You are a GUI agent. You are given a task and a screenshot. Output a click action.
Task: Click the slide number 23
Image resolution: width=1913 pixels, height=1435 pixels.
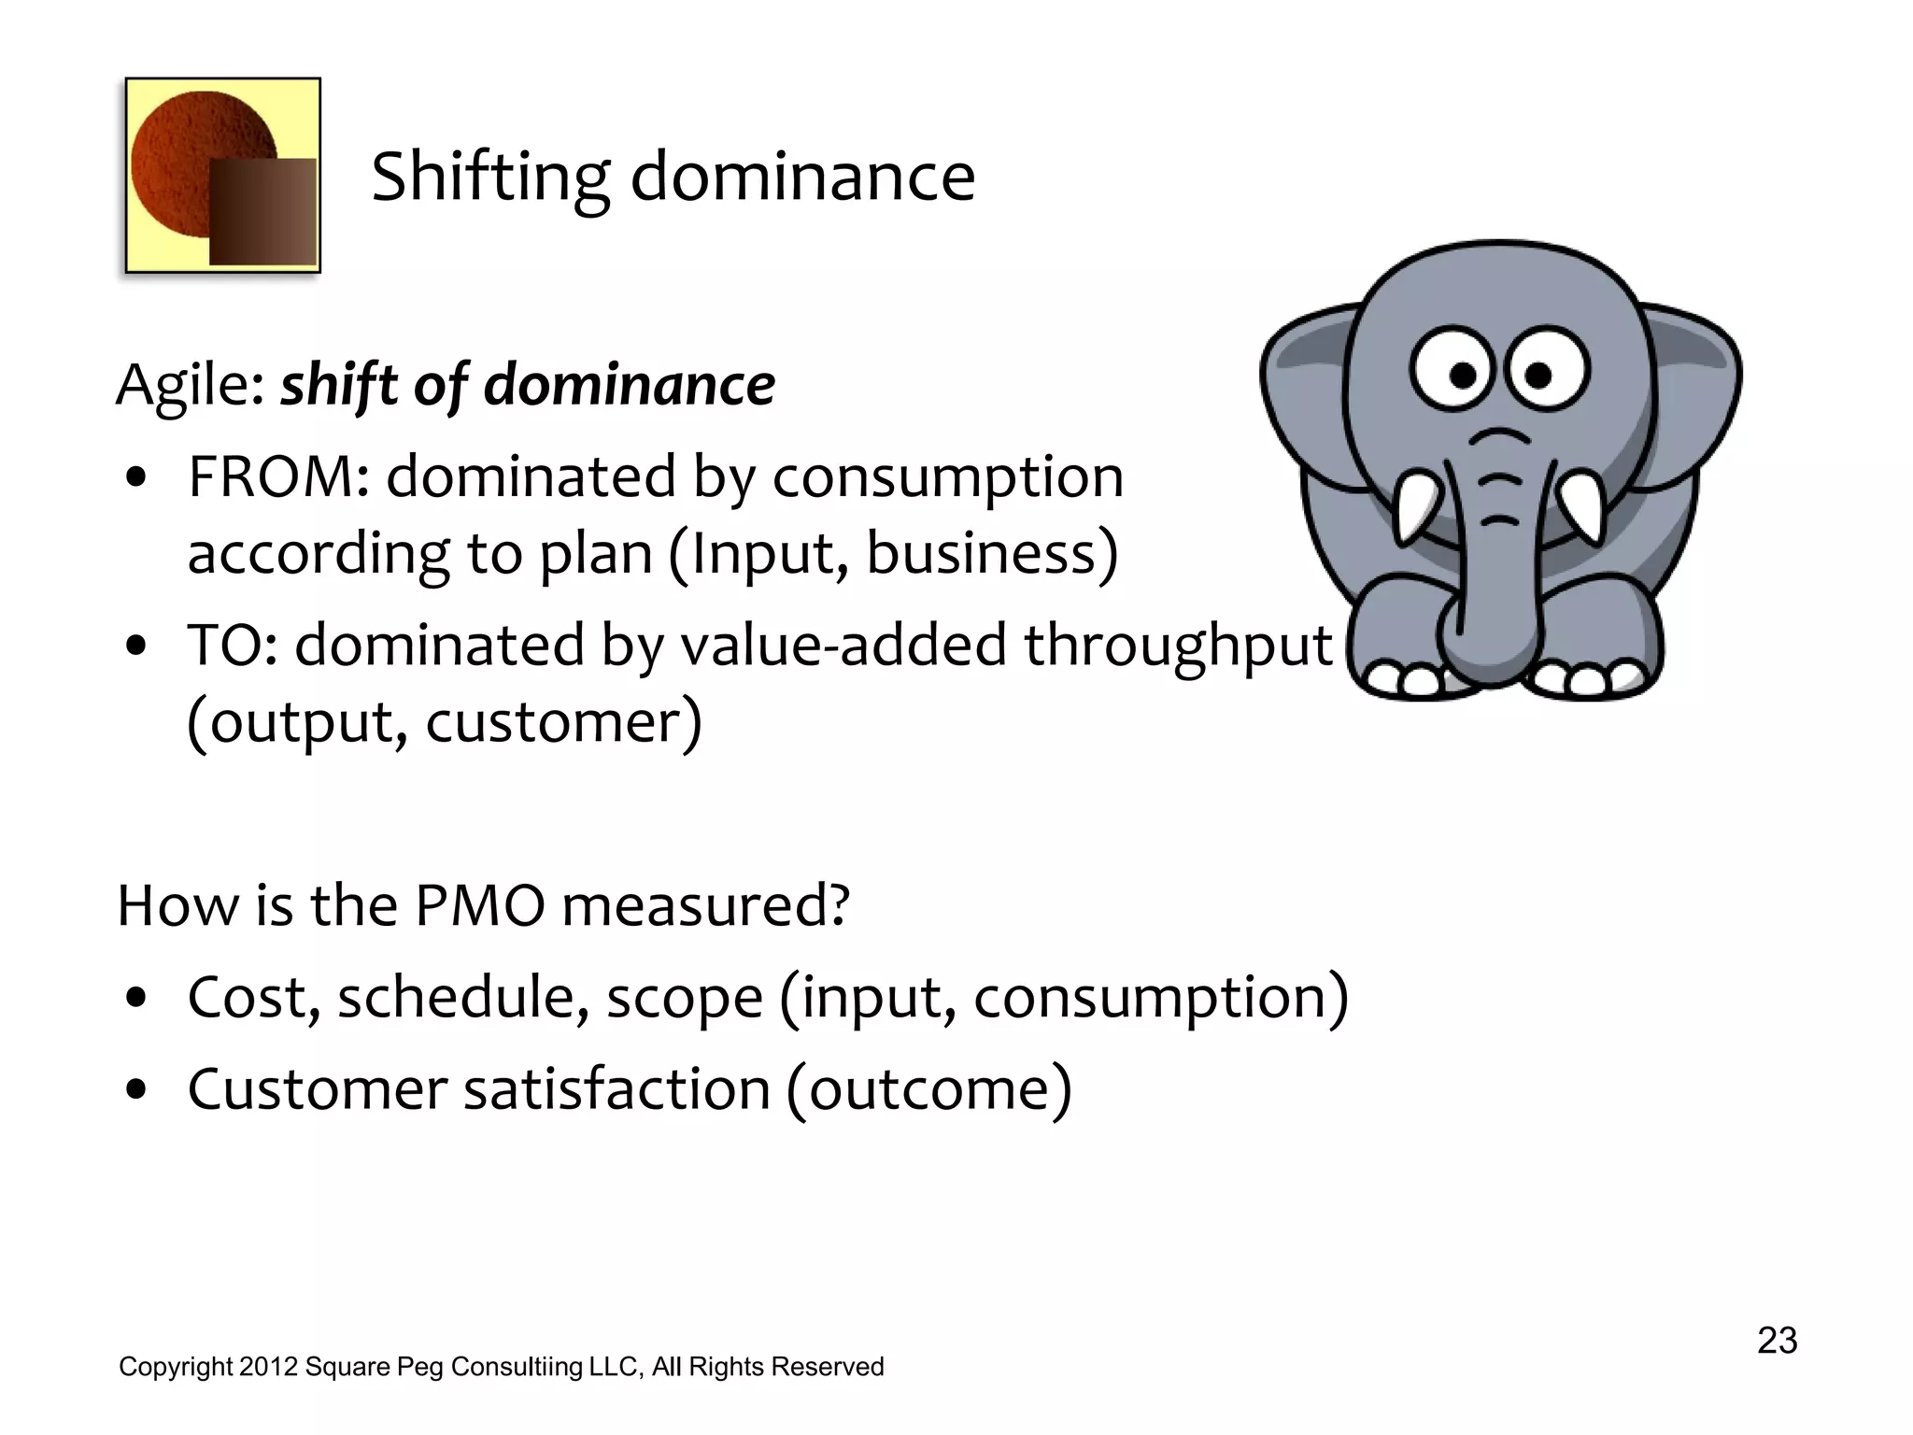pos(1777,1341)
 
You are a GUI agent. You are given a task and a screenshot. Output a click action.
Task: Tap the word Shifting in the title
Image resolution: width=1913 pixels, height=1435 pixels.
pos(489,178)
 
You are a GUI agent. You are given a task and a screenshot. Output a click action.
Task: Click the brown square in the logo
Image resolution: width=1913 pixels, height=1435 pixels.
pos(262,211)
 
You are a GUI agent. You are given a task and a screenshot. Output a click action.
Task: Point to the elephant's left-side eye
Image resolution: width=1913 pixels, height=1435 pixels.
pos(1453,372)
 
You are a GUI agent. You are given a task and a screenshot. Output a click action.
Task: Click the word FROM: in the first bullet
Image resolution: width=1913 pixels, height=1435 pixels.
pos(279,478)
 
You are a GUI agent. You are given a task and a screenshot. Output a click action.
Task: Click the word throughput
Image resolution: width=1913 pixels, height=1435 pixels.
pos(1177,646)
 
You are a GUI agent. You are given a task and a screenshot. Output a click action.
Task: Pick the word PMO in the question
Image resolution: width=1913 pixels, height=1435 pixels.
pos(479,906)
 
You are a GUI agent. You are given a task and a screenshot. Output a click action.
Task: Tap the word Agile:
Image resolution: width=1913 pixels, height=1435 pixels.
pos(191,385)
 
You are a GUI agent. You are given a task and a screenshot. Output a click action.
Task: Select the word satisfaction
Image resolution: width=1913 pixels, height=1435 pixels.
pos(616,1089)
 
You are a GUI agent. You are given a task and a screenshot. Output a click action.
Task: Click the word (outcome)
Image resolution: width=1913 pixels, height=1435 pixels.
pos(928,1089)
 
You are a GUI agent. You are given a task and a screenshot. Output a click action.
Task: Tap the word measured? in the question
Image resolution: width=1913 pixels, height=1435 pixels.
pos(705,906)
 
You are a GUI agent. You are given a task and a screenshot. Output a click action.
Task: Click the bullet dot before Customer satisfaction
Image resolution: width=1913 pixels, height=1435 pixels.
pos(136,1089)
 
